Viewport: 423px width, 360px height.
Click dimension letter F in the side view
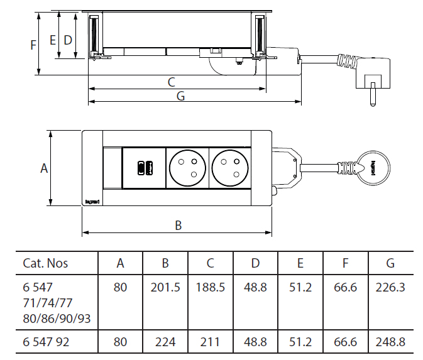33,45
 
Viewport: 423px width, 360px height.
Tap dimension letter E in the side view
53,40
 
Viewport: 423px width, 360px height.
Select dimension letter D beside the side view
68,40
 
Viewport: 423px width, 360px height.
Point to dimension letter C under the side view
172,82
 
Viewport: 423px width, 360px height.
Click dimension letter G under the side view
180,96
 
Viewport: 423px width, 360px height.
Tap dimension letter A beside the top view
44,168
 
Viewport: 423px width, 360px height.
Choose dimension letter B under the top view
179,226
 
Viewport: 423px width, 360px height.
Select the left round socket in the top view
187,168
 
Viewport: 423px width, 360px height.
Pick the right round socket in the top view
230,168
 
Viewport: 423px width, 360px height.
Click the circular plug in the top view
373,168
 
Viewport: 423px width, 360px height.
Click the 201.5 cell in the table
165,288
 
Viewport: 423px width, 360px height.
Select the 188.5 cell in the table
211,288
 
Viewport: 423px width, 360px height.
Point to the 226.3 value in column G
390,288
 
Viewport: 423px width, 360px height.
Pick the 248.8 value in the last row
390,342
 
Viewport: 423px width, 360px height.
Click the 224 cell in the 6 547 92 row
165,342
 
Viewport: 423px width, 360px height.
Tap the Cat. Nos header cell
45,263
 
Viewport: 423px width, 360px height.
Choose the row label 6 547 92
46,342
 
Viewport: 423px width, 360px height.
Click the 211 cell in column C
210,342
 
